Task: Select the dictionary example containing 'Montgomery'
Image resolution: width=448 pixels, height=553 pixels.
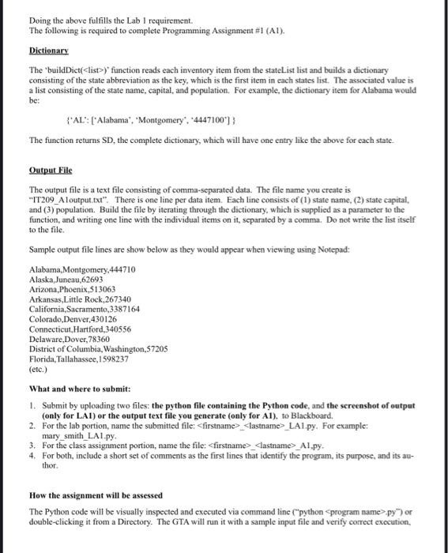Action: click(137, 120)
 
